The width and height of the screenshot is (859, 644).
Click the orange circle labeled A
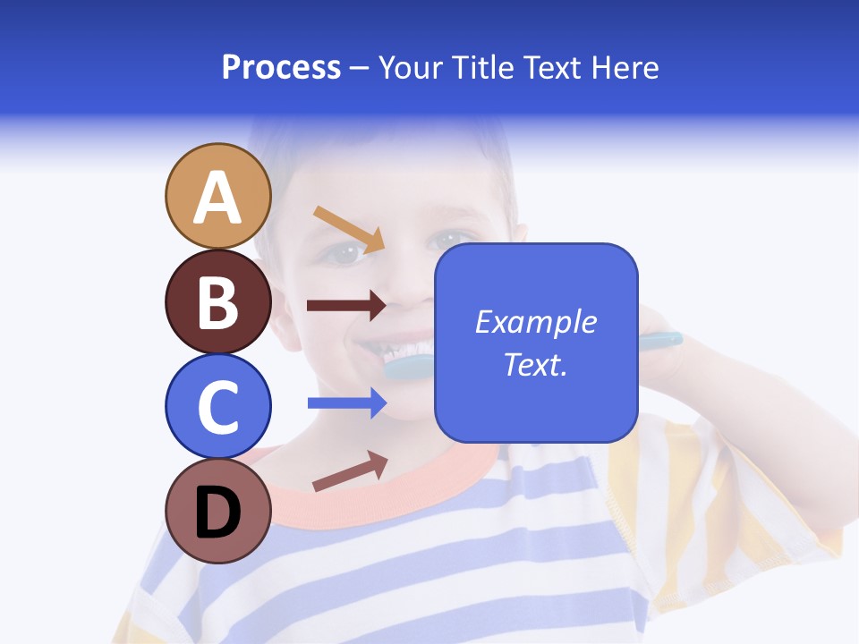(217, 196)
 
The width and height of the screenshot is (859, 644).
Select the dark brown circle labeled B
(217, 301)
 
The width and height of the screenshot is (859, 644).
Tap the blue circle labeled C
(217, 406)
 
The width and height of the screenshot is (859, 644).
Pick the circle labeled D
(217, 511)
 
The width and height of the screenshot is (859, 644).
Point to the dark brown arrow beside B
(346, 306)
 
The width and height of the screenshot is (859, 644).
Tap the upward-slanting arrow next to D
(349, 471)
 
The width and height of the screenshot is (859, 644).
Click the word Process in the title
(281, 67)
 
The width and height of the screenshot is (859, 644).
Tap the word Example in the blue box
(535, 322)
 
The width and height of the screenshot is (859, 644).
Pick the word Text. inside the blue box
(535, 364)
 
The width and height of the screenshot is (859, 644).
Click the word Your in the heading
(410, 67)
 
